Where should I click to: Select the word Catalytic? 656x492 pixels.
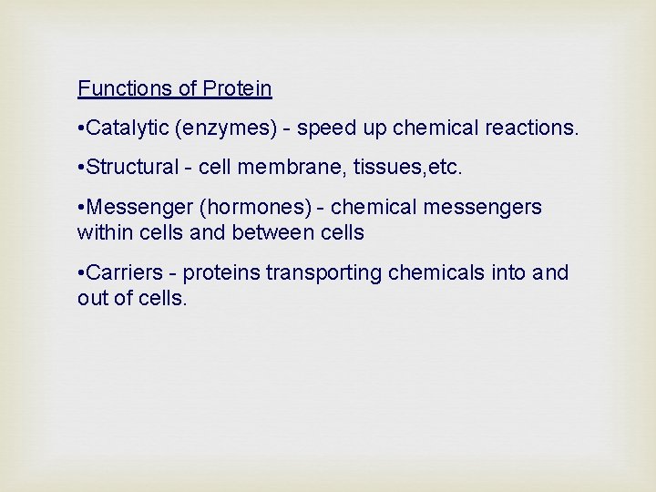tap(132, 128)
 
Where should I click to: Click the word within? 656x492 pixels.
tap(104, 232)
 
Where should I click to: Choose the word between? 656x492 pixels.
tap(269, 232)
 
